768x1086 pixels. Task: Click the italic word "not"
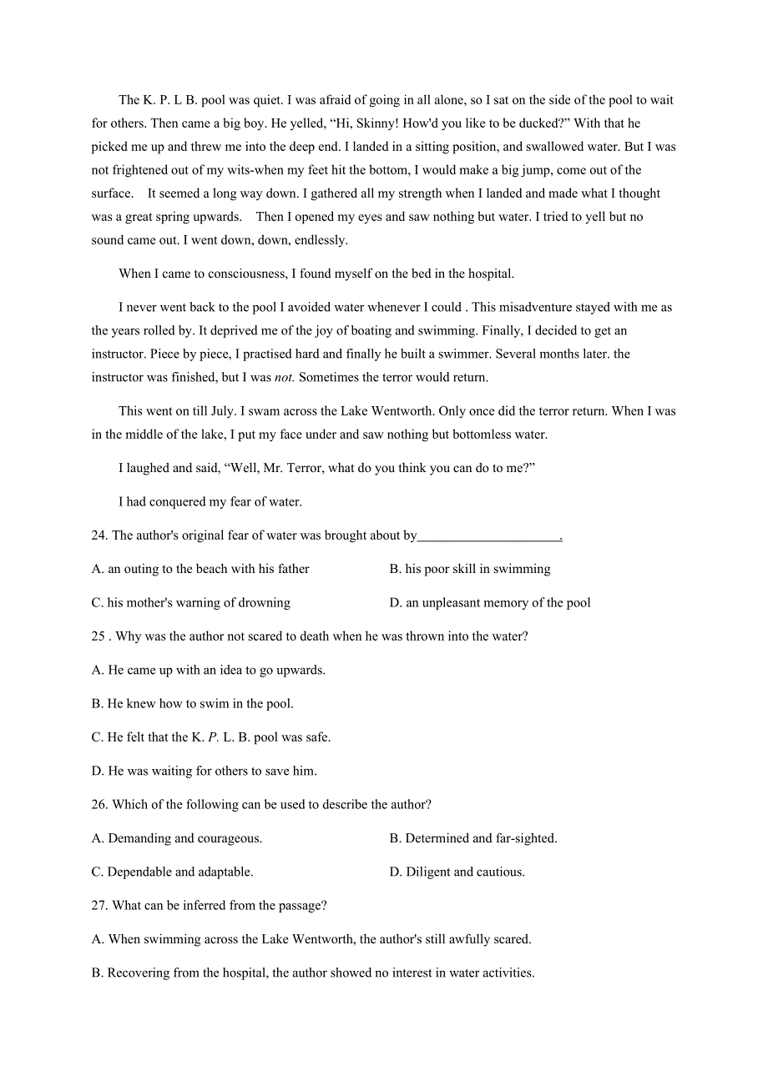(x=284, y=377)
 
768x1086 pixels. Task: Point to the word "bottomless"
(x=465, y=435)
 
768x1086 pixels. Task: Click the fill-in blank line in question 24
(x=489, y=536)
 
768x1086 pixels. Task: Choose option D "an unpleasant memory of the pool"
(x=490, y=603)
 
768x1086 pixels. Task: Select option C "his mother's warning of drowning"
(x=190, y=603)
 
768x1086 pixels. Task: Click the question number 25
(x=99, y=636)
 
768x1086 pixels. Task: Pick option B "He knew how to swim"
(x=192, y=704)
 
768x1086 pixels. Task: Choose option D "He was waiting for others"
(x=204, y=771)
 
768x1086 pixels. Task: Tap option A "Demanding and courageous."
(x=177, y=838)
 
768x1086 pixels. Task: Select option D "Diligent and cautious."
(x=457, y=872)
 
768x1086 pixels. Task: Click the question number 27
(x=99, y=906)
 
